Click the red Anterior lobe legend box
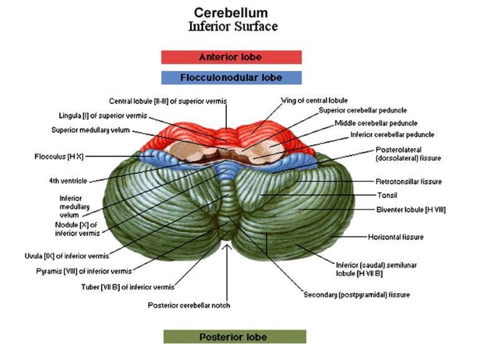pyautogui.click(x=231, y=57)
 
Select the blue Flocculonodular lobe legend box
pyautogui.click(x=231, y=77)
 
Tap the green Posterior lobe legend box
pyautogui.click(x=234, y=337)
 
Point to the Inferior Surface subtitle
pyautogui.click(x=232, y=26)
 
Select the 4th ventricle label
pyautogui.click(x=67, y=180)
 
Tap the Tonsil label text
pyautogui.click(x=387, y=195)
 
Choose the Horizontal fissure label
pyautogui.click(x=396, y=237)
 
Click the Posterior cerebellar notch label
pyautogui.click(x=189, y=305)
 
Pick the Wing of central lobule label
pyautogui.click(x=314, y=100)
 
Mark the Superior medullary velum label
pyautogui.click(x=90, y=130)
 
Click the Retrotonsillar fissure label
pyautogui.click(x=408, y=181)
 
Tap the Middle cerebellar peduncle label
pyautogui.click(x=376, y=123)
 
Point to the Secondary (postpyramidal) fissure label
pyautogui.click(x=357, y=295)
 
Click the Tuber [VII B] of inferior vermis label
pyautogui.click(x=127, y=287)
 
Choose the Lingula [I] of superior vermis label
pyautogui.click(x=103, y=115)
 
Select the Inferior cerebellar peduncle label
pyautogui.click(x=392, y=135)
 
